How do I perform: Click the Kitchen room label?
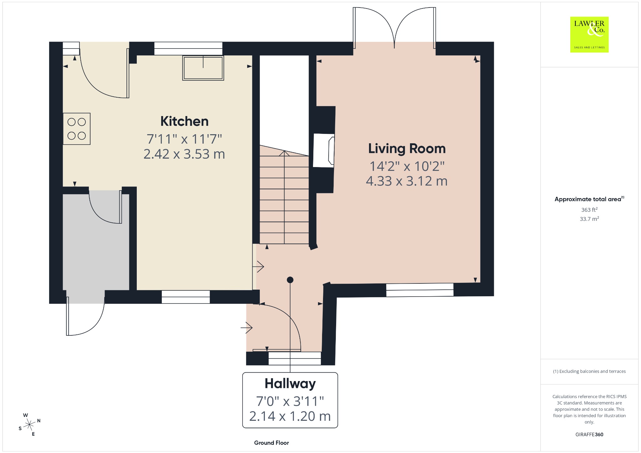coord(184,121)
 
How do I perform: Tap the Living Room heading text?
coord(407,149)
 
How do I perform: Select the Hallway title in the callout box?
coord(290,384)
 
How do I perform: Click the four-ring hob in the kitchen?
coord(77,129)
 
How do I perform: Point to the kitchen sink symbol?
coord(203,68)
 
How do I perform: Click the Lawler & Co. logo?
coord(589,34)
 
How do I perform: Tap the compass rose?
coord(29,425)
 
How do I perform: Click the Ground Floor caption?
coord(271,443)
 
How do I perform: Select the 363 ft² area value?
coord(589,210)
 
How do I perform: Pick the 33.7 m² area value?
coord(589,219)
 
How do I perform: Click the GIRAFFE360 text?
coord(589,435)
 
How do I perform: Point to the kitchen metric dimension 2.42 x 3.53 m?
coord(184,154)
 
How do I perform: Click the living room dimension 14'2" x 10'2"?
coord(407,166)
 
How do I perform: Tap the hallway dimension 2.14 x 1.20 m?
coord(290,416)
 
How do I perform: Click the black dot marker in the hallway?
coord(290,280)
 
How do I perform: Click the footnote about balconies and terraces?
coord(589,371)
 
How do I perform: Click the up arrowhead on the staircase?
coord(284,153)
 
